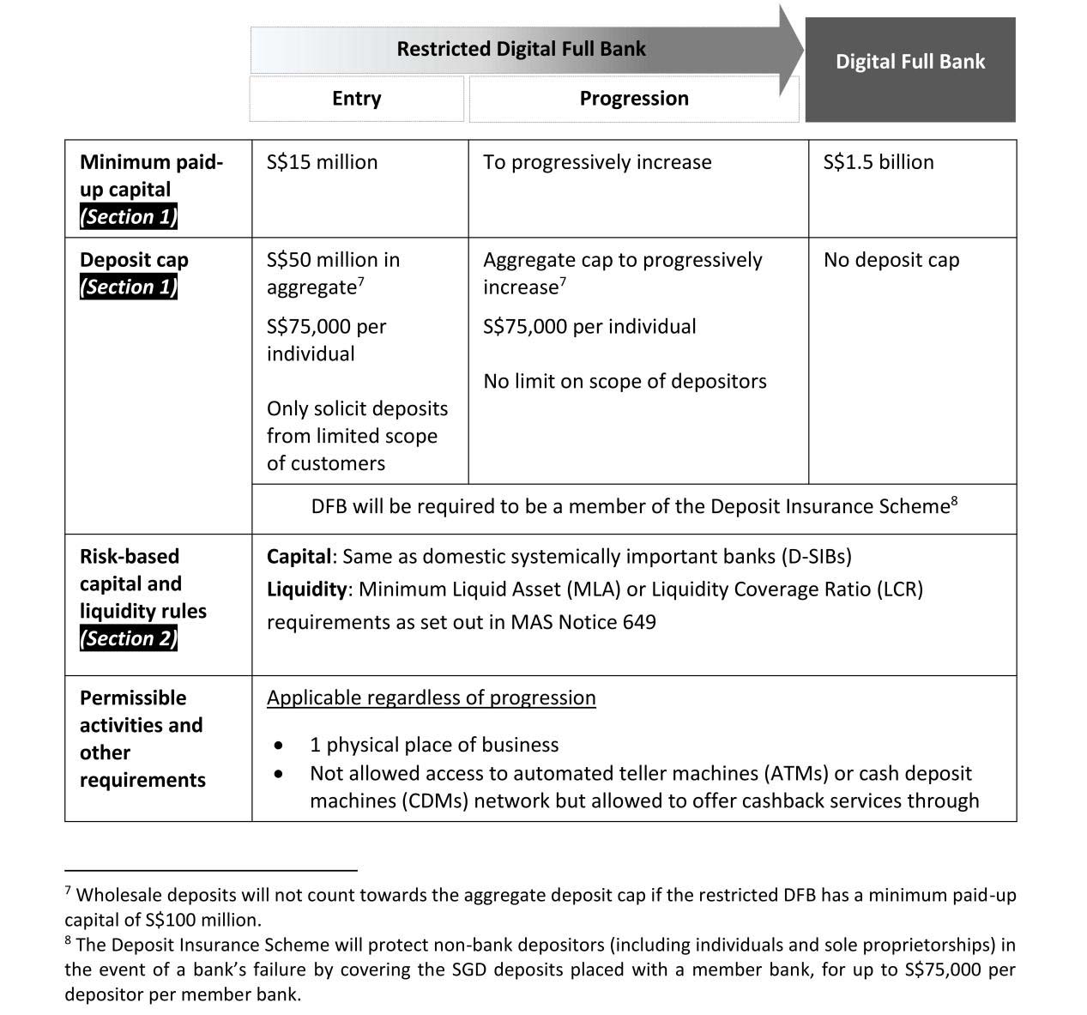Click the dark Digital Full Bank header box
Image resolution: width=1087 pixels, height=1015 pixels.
[909, 62]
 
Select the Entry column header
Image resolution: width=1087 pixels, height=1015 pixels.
[356, 99]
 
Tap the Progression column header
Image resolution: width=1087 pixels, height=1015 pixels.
[633, 99]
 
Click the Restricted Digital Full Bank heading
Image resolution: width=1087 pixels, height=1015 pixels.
[521, 49]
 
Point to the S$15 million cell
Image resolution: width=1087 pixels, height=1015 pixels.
[322, 162]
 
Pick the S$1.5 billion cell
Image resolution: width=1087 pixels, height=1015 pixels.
[878, 162]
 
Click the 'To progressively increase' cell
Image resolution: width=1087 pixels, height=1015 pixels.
[597, 162]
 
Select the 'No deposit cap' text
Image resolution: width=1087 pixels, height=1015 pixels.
[891, 260]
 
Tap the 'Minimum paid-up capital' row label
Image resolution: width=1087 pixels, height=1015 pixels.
[151, 176]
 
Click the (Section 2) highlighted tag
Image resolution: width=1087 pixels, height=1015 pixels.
[129, 638]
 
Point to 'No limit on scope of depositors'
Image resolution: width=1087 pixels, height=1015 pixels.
[625, 381]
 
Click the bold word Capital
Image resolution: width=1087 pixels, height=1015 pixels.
[298, 557]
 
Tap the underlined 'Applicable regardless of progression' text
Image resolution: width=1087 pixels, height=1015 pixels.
[431, 698]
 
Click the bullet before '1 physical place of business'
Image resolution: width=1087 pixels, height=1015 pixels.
[279, 745]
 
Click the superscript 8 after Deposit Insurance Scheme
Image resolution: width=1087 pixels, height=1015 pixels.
[954, 500]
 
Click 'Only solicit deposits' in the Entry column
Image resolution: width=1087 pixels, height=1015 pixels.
[357, 408]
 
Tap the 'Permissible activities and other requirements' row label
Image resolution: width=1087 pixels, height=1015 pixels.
[142, 739]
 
